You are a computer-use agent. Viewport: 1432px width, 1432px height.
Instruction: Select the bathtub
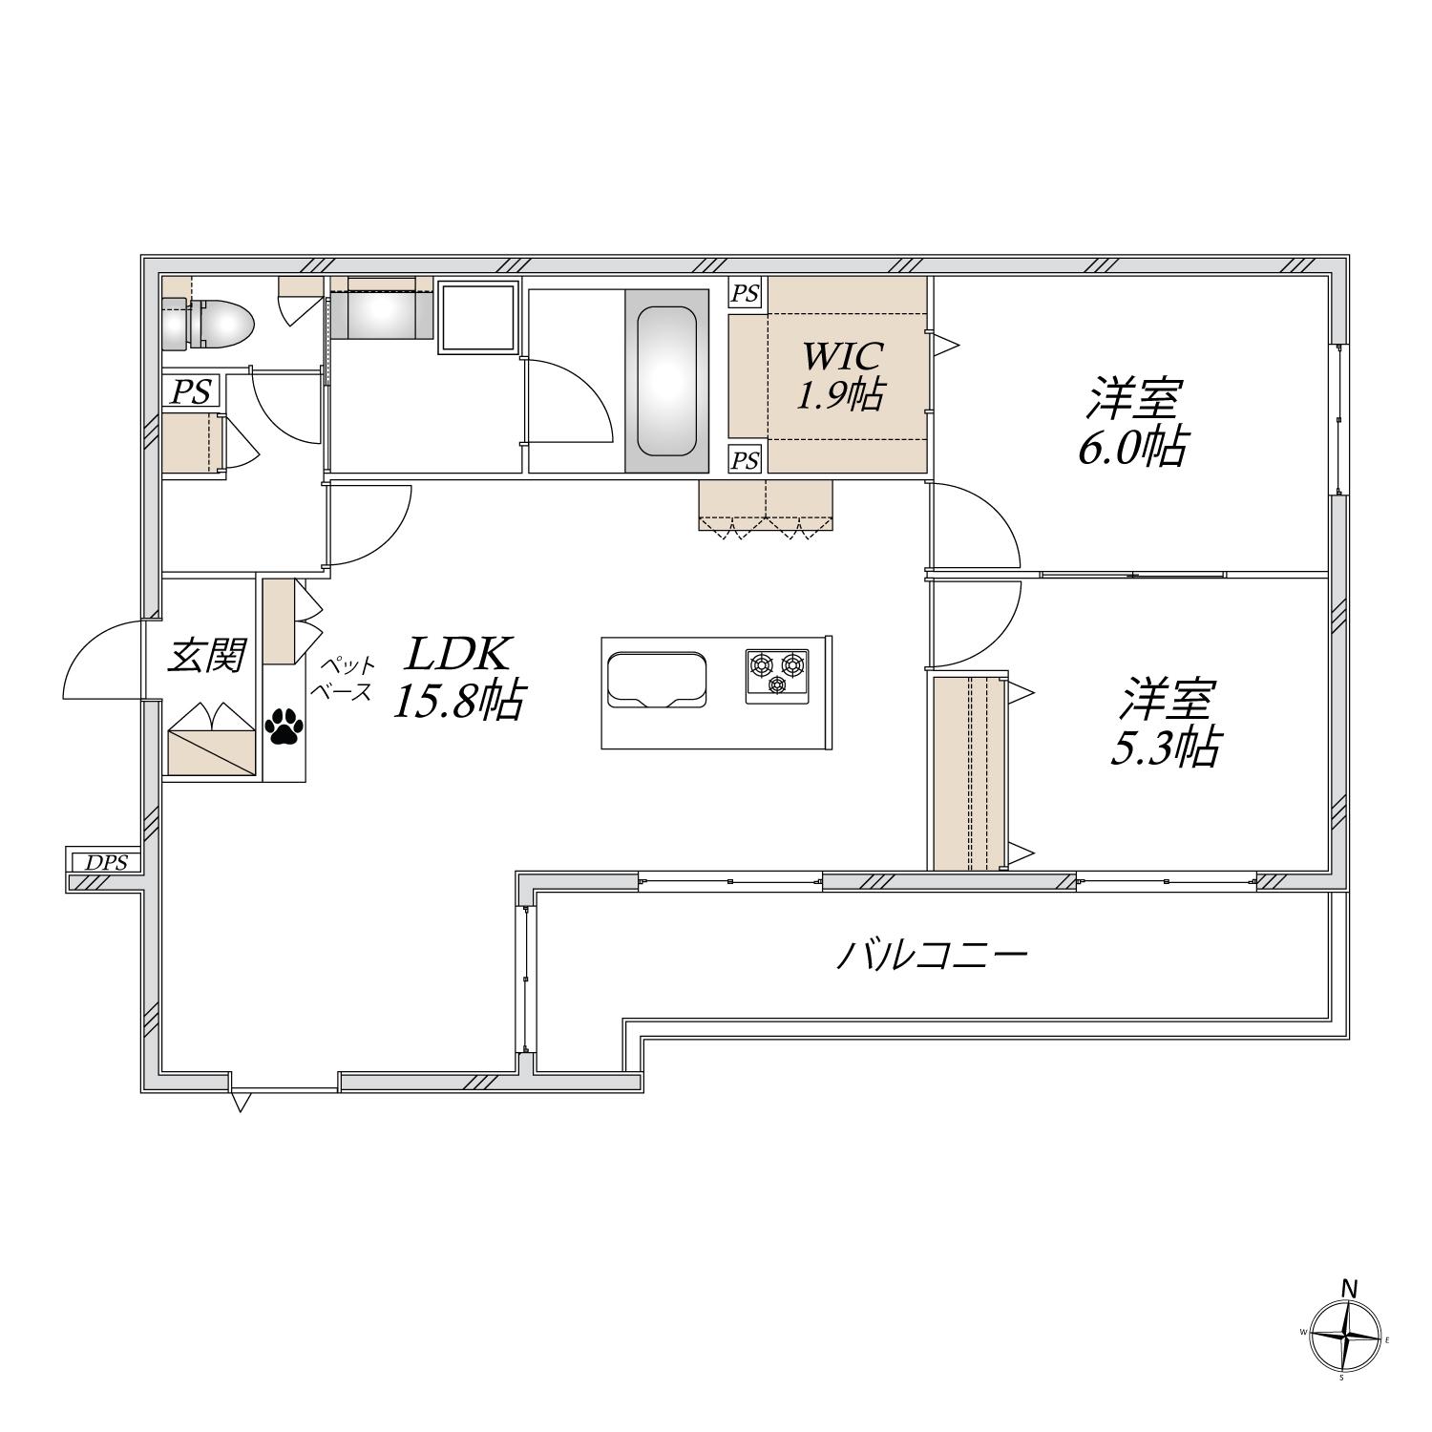pyautogui.click(x=666, y=381)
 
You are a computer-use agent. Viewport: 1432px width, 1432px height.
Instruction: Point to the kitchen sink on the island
pyautogui.click(x=658, y=681)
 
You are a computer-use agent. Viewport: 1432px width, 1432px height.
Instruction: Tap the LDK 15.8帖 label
pyautogui.click(x=458, y=677)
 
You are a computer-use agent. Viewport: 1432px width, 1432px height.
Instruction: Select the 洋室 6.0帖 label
pyautogui.click(x=1133, y=423)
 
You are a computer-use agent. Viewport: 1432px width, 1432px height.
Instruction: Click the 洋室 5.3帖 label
pyautogui.click(x=1165, y=723)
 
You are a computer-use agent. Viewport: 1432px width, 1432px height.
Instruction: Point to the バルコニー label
pyautogui.click(x=932, y=955)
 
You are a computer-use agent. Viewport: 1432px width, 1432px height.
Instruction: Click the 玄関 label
pyautogui.click(x=207, y=656)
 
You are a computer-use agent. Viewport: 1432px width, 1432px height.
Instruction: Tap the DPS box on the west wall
pyautogui.click(x=104, y=862)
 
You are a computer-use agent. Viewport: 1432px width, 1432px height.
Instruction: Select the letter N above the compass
pyautogui.click(x=1349, y=1288)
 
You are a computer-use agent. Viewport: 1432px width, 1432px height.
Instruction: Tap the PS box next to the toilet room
pyautogui.click(x=191, y=392)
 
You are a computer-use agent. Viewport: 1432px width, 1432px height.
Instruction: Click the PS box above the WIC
pyautogui.click(x=746, y=293)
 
